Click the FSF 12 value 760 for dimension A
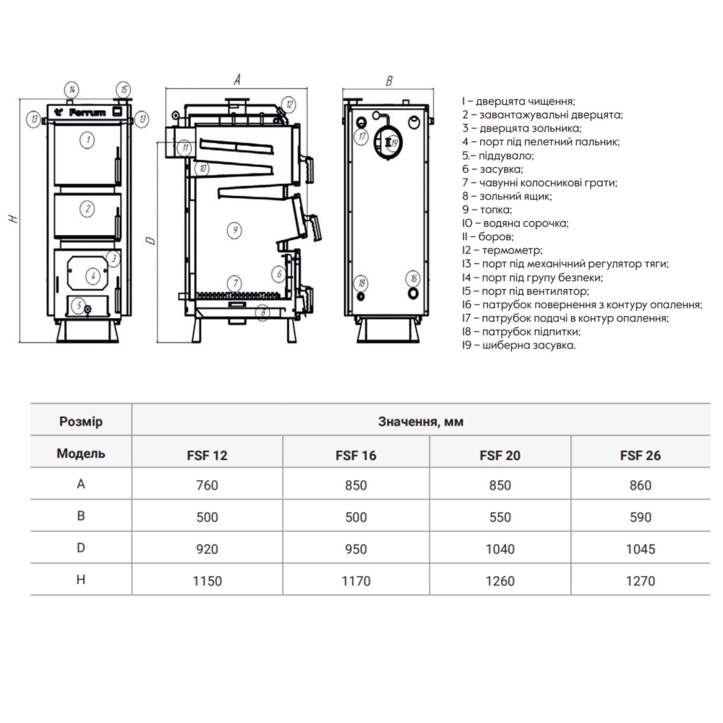[207, 485]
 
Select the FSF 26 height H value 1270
[640, 581]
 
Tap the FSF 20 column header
[500, 455]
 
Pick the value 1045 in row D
[640, 549]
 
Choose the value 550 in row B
[500, 517]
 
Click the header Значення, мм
[421, 422]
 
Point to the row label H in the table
[81, 580]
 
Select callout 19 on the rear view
[393, 143]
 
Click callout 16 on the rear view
[413, 278]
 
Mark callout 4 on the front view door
[93, 275]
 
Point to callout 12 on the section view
[288, 104]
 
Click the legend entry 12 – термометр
[502, 250]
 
